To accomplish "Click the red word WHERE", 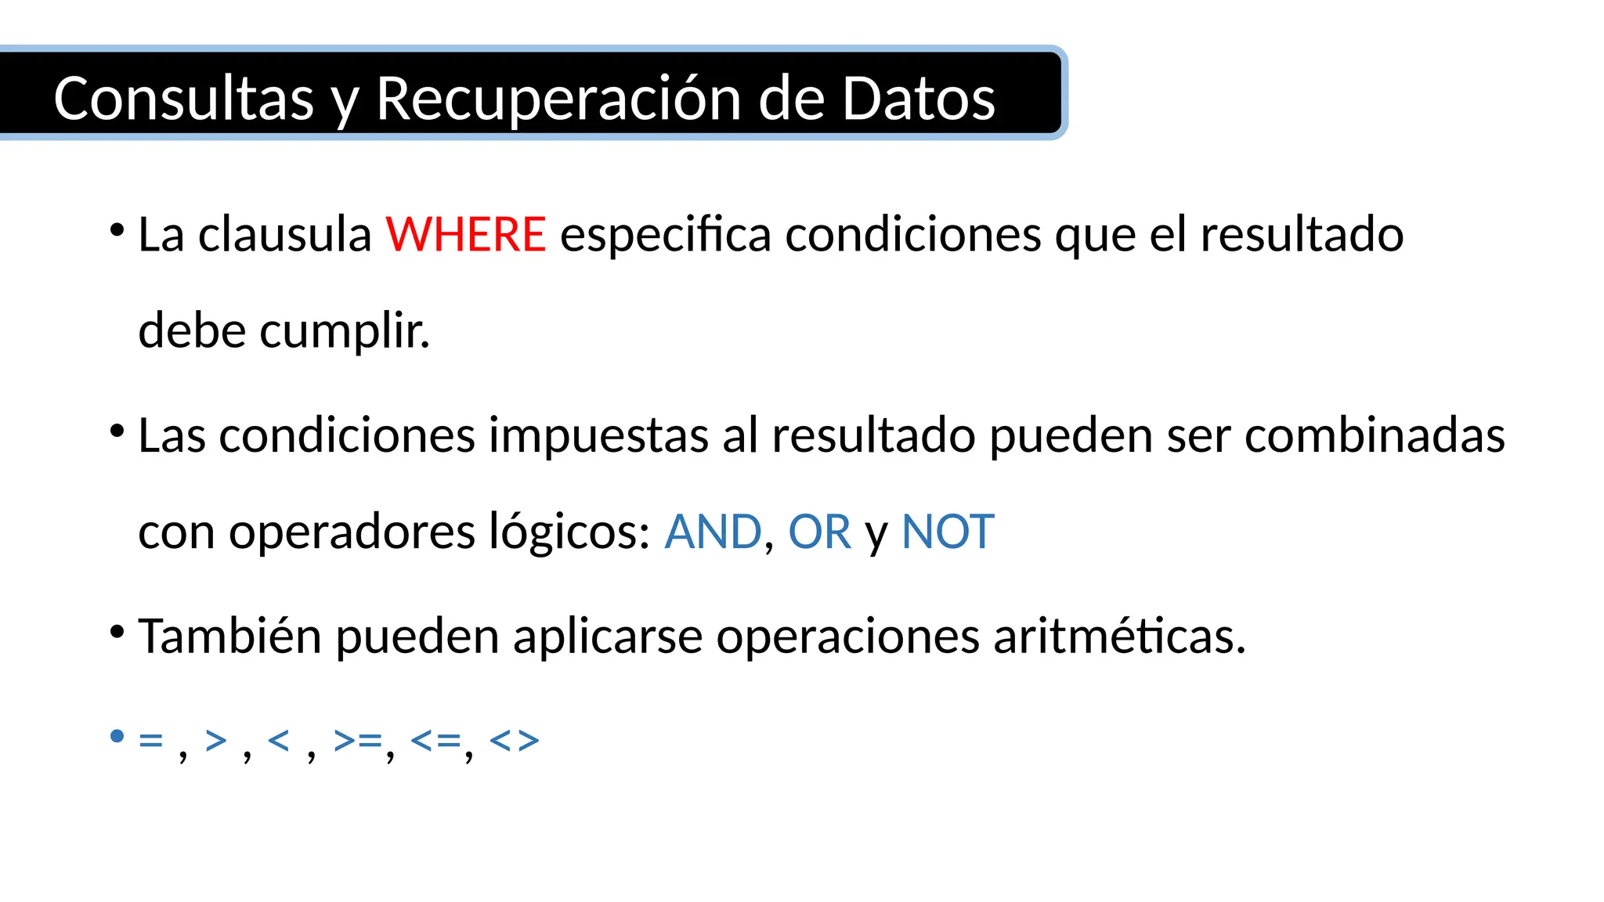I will tap(465, 234).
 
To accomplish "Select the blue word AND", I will tap(713, 532).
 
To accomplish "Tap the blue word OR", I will tap(819, 532).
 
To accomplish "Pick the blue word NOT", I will tap(948, 532).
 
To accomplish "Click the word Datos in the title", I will tap(918, 99).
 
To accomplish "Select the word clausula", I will tap(284, 234).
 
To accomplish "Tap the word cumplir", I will tap(345, 330).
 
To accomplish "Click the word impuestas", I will tap(598, 435).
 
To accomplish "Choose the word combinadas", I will tap(1375, 435).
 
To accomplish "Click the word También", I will tap(229, 636).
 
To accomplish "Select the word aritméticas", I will tap(1119, 636).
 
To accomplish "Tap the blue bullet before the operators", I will tap(117, 736).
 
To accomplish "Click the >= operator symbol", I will tap(358, 740).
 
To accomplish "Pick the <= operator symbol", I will tap(435, 740).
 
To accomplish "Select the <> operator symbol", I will tap(515, 740).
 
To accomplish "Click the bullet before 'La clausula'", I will tap(117, 231).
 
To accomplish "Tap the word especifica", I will tap(666, 234).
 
